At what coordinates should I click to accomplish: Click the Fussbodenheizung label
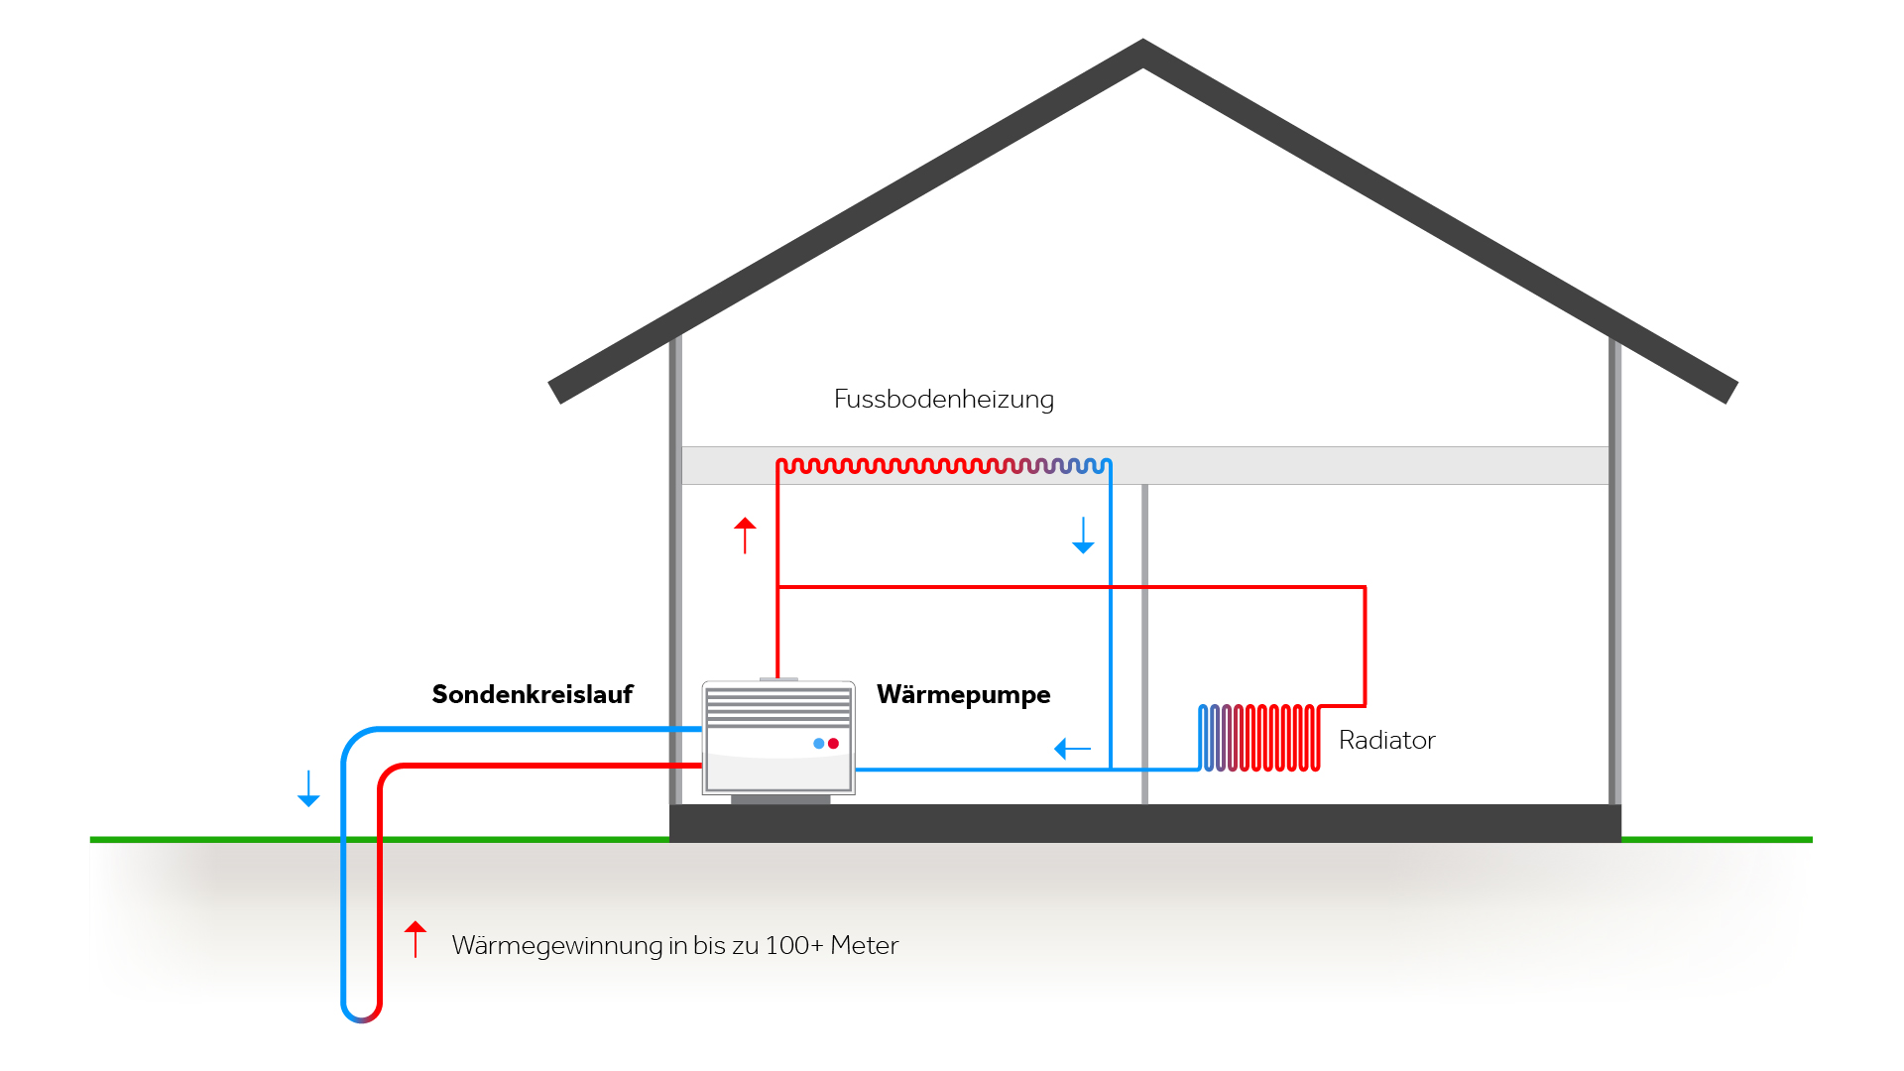click(x=943, y=399)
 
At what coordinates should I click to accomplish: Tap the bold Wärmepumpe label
click(x=963, y=694)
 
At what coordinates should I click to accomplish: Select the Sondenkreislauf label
click(x=532, y=694)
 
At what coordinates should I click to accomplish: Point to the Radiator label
click(x=1386, y=740)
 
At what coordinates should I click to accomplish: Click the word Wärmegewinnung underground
click(x=557, y=946)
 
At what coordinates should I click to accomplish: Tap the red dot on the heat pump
click(x=834, y=744)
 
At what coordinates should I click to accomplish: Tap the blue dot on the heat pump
click(x=818, y=744)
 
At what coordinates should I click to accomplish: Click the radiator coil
click(x=1259, y=738)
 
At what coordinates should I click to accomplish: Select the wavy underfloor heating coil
click(x=942, y=465)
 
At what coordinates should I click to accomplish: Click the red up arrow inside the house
click(x=745, y=535)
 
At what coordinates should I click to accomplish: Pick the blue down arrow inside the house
click(x=1083, y=535)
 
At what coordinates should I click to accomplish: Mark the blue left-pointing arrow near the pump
click(x=1072, y=749)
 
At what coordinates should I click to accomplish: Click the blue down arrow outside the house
click(x=308, y=788)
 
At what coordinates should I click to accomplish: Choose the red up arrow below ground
click(x=416, y=939)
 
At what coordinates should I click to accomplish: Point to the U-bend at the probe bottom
click(x=362, y=1013)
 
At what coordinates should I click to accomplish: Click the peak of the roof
click(x=1143, y=50)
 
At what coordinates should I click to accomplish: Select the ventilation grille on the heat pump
click(x=778, y=706)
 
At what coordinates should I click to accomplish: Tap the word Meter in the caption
click(x=864, y=945)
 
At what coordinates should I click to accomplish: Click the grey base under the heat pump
click(x=780, y=799)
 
